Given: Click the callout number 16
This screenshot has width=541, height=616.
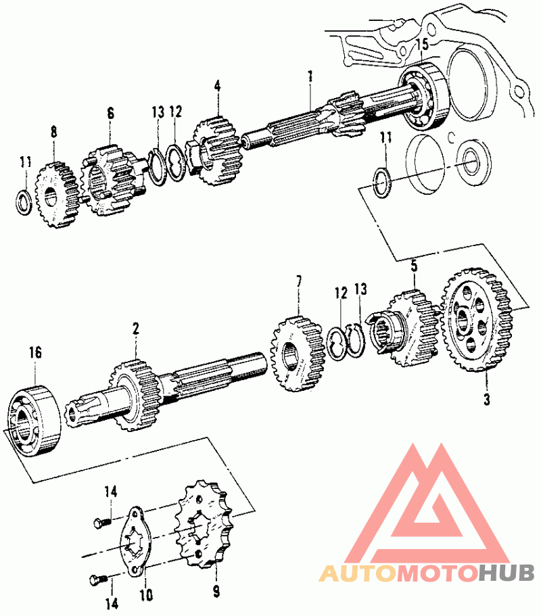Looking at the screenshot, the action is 35,352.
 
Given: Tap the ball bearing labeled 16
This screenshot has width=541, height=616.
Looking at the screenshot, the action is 34,422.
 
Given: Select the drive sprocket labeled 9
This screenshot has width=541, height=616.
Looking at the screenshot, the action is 203,524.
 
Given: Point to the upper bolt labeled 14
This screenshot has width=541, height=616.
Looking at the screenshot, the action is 102,523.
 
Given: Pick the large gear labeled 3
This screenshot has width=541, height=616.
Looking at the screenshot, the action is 477,320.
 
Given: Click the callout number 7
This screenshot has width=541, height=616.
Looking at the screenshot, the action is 300,281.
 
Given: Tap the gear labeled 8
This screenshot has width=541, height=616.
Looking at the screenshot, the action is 57,195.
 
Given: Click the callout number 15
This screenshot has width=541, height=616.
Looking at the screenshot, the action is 423,44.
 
